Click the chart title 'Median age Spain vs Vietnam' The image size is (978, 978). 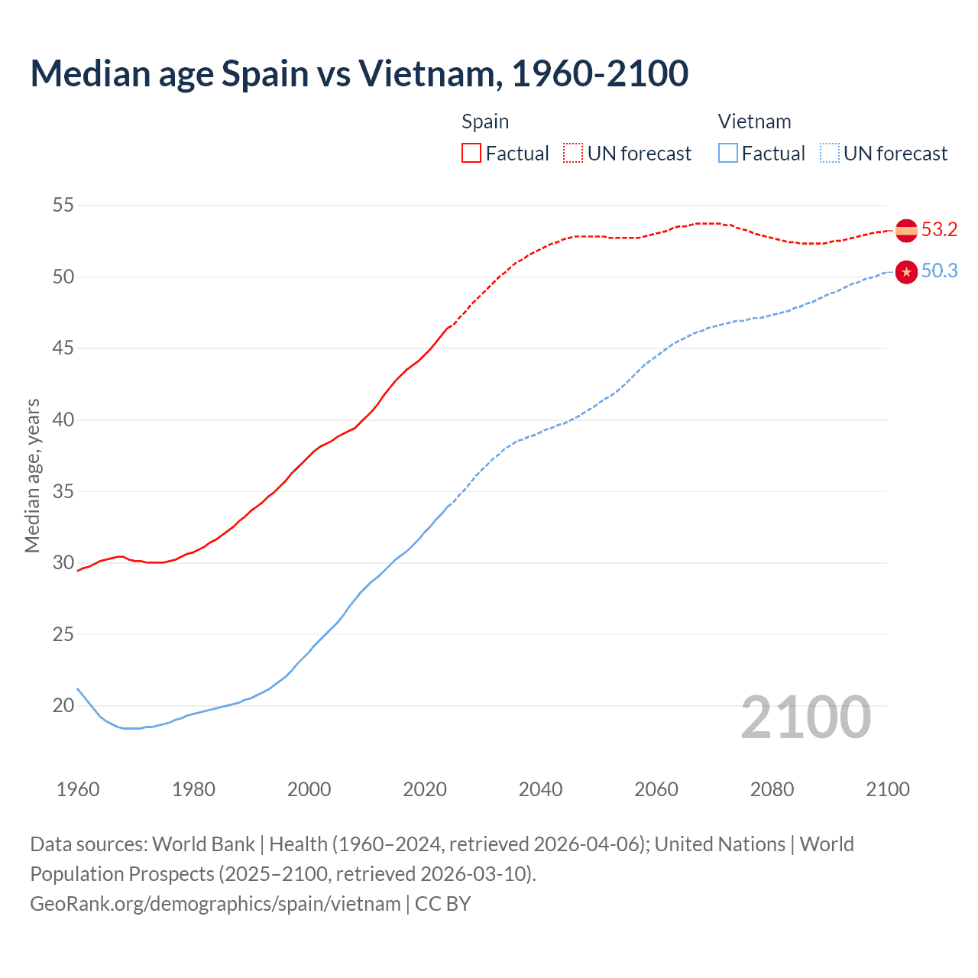(x=359, y=73)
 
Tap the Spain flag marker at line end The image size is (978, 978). (x=905, y=230)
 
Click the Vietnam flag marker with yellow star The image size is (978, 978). (x=905, y=272)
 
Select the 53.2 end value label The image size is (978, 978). (x=939, y=230)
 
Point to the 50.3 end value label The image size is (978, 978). (x=939, y=271)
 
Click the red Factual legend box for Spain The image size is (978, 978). (x=471, y=154)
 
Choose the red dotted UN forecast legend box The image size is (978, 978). (x=573, y=154)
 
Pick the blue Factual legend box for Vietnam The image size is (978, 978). (x=728, y=154)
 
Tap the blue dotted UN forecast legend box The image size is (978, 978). (x=829, y=154)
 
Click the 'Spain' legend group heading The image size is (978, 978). (x=485, y=121)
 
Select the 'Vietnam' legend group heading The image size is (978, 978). (x=754, y=121)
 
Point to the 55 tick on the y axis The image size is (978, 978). (x=63, y=205)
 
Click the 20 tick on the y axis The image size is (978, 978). (x=63, y=705)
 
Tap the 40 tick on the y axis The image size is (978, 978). (x=63, y=419)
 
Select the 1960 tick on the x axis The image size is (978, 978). (x=78, y=789)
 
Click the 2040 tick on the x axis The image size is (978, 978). (x=540, y=789)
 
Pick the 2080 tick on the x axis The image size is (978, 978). (x=772, y=789)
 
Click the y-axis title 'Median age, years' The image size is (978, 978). (x=32, y=475)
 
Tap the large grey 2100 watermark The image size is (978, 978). (x=806, y=717)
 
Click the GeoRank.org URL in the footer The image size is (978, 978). (x=215, y=904)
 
